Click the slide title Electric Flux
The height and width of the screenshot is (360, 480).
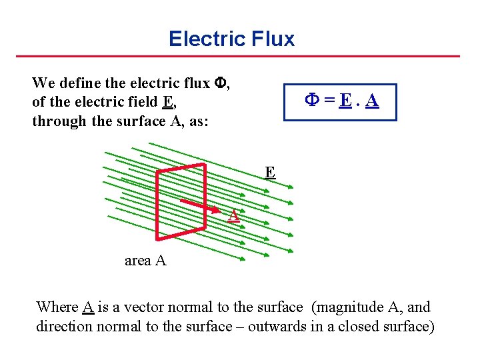click(231, 39)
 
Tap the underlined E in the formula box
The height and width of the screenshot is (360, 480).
click(345, 101)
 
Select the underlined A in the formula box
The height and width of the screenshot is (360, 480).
click(372, 101)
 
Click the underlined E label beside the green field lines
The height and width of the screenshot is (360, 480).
click(269, 173)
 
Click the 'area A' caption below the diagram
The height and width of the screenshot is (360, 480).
click(145, 261)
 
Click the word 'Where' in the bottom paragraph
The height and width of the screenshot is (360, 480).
click(57, 307)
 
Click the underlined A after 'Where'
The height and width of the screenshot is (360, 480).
click(87, 307)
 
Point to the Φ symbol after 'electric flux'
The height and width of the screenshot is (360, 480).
click(221, 83)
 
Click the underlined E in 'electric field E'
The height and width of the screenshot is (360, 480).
click(169, 102)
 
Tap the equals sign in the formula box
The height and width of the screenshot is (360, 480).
click(329, 101)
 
